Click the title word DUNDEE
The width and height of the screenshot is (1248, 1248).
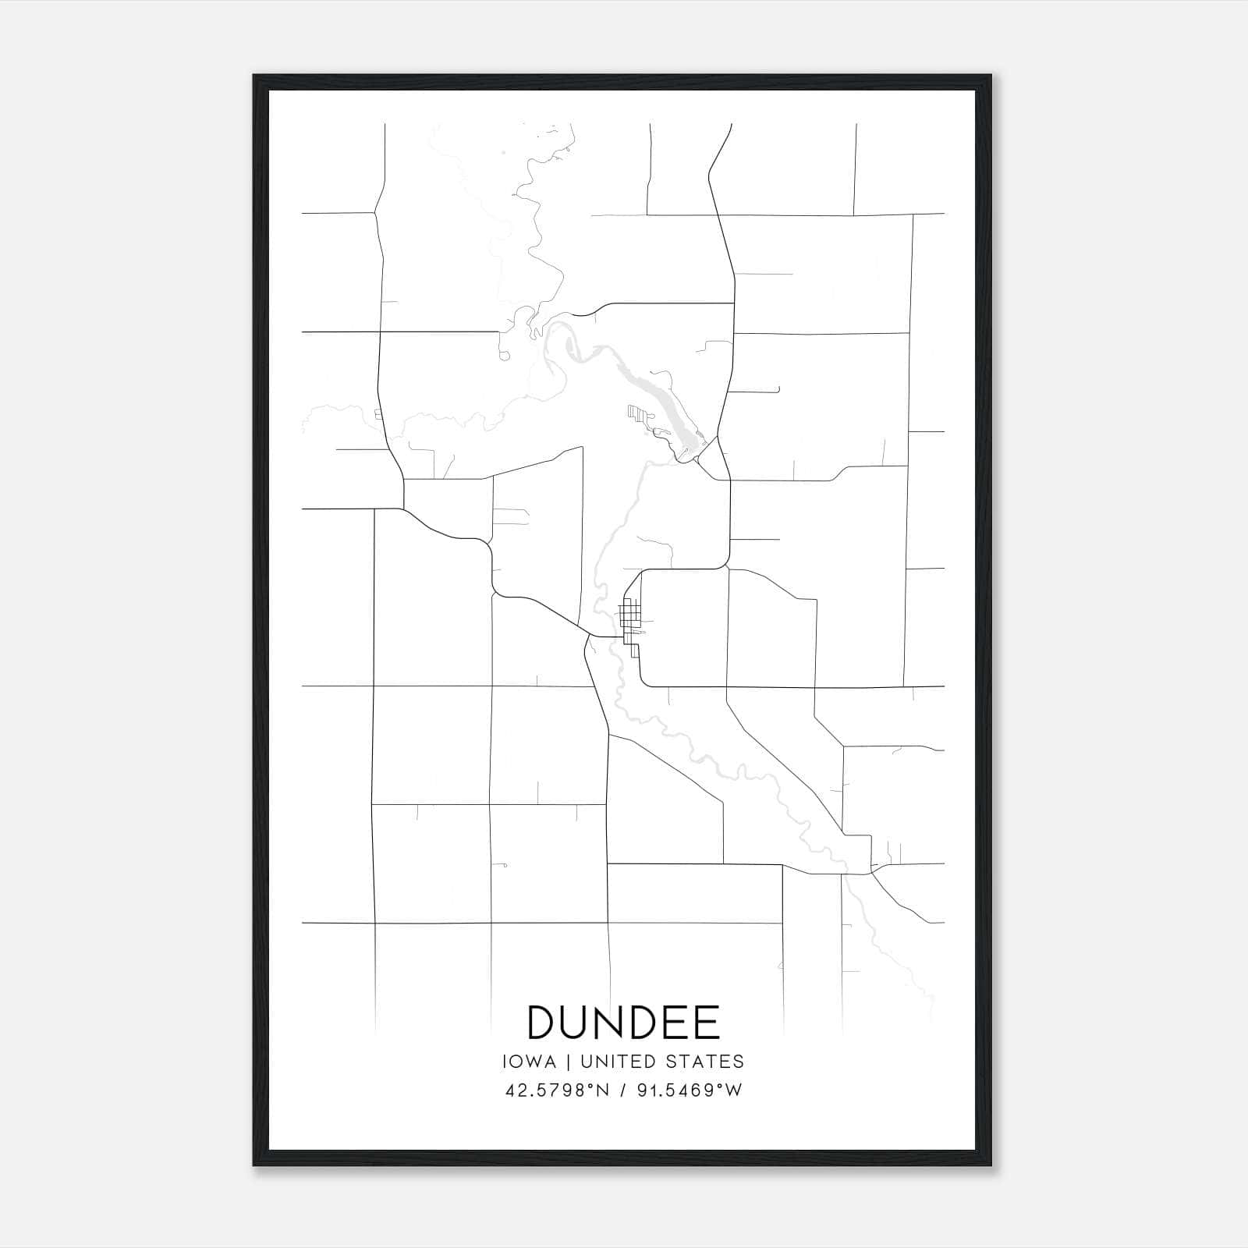623,1023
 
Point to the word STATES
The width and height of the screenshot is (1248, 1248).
706,1062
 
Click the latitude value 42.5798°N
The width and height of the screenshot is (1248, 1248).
555,1090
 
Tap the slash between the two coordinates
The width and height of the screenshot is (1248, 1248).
621,1090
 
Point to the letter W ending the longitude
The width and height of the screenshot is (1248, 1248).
733,1090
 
